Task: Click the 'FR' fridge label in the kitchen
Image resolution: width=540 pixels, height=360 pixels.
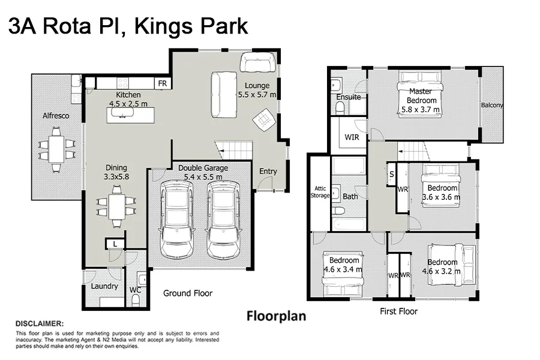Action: pos(162,83)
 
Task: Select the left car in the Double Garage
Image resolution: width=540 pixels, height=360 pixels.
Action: pos(176,219)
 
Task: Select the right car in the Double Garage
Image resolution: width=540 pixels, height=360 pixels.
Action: pos(222,219)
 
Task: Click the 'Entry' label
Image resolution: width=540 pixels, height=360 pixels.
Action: pos(268,172)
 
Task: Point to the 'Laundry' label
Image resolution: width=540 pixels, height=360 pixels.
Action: pos(104,286)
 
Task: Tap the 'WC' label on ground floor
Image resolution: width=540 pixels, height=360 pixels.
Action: pos(136,290)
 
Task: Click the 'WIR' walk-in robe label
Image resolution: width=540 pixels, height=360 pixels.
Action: pos(352,137)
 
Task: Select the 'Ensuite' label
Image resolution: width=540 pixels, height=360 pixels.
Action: pos(349,97)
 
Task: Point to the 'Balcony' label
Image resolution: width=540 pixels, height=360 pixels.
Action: pos(492,106)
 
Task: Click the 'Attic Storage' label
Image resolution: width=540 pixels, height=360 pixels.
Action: pos(320,192)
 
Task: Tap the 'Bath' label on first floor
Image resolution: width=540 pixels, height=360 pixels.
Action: pos(350,196)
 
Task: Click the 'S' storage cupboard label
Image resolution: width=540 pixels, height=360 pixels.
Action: pos(392,174)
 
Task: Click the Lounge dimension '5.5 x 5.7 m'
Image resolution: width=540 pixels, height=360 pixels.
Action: pos(257,95)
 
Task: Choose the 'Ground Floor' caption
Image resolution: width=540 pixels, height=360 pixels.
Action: pos(188,293)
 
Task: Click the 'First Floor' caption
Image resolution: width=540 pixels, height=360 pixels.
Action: pos(398,311)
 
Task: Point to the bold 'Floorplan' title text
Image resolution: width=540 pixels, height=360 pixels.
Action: pos(277,316)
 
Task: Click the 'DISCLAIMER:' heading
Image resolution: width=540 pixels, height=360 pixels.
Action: pos(40,323)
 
